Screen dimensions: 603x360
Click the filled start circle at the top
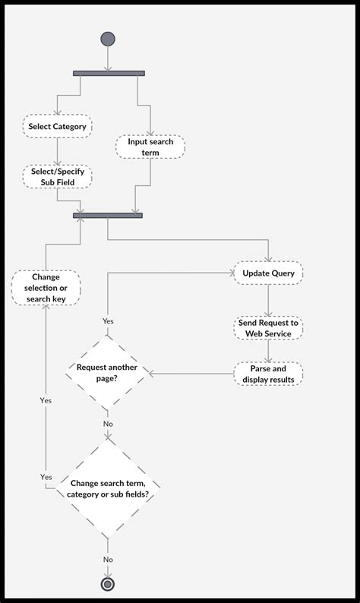point(108,39)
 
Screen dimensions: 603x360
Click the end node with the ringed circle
point(108,583)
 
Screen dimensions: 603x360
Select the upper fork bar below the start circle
point(109,73)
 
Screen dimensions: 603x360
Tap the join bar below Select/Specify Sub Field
point(108,216)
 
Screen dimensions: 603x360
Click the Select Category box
point(57,125)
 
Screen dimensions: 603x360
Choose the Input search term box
point(150,147)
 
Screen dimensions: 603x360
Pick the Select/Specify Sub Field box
point(57,177)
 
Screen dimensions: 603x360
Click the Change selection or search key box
point(46,288)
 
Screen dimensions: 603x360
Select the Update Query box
point(268,273)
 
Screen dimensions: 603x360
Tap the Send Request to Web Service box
point(268,328)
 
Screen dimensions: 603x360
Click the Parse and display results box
point(268,374)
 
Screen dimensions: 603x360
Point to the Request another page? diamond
point(108,373)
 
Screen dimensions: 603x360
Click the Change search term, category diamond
point(108,488)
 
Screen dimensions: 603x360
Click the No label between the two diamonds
point(108,424)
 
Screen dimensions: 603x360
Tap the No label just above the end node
point(108,559)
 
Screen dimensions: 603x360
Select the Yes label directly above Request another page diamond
point(108,321)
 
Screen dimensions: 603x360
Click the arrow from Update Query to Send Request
point(268,301)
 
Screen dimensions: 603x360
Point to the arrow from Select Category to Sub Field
point(57,151)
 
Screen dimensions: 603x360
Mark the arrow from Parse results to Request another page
point(190,374)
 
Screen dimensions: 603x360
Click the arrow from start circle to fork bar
point(108,58)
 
